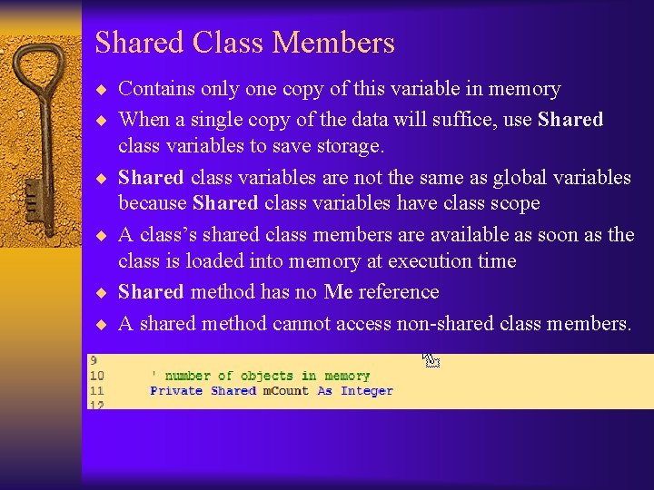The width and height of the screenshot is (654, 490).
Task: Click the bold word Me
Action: coord(338,292)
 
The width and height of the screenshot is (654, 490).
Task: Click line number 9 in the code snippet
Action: coord(93,360)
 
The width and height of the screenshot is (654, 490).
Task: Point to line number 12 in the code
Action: coord(95,405)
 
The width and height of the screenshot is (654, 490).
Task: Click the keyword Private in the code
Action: coord(177,391)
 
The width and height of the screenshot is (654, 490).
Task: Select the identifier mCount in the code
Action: coord(286,391)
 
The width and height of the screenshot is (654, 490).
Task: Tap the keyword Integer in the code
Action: coord(367,391)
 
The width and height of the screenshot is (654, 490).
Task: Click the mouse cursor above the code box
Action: coord(431,359)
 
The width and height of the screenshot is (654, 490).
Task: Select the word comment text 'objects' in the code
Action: coord(267,376)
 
